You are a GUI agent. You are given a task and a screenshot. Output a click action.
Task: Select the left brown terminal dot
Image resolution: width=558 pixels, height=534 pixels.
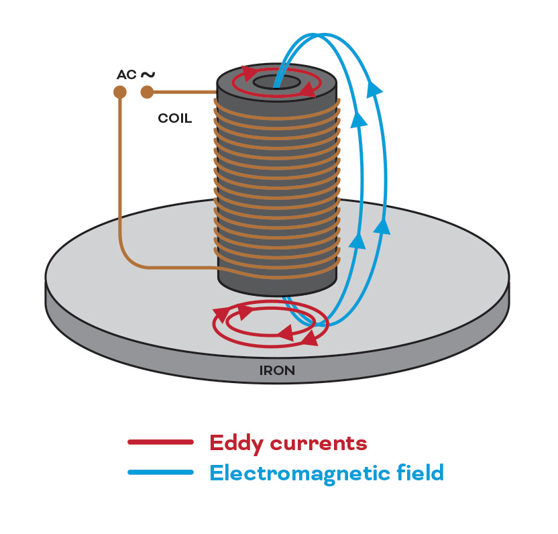120,92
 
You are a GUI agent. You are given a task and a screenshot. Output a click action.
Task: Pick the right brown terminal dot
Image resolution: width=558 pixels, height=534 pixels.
147,92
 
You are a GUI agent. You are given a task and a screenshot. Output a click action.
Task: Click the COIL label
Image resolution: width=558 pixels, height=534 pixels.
174,119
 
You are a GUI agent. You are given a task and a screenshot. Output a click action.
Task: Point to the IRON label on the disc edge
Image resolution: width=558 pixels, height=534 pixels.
277,370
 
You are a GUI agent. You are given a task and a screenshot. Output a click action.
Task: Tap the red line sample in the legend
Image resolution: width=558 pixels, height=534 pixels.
160,442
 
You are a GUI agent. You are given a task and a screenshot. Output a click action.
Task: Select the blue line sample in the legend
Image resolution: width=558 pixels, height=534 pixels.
160,472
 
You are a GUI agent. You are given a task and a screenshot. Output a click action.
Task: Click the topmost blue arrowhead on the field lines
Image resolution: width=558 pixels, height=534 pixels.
376,88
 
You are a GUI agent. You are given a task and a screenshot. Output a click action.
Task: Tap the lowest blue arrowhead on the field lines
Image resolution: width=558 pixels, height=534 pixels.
358,240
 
